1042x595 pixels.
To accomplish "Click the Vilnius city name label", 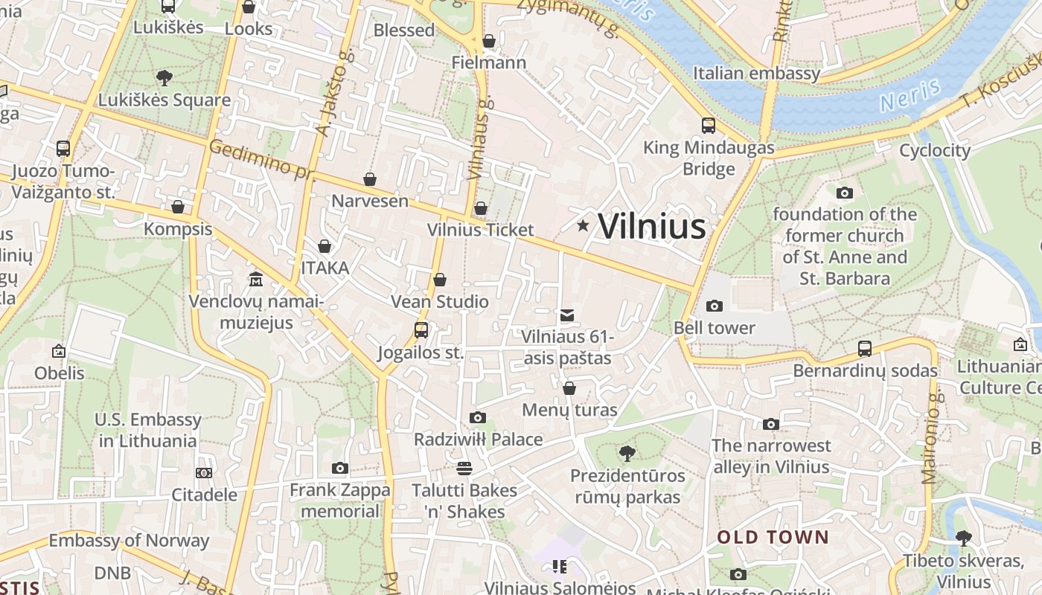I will (651, 226).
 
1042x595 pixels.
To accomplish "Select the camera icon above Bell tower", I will (714, 306).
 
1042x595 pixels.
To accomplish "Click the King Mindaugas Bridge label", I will (709, 158).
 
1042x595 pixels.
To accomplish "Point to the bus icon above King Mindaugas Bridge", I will (708, 125).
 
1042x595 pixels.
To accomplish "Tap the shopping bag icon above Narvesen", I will (370, 179).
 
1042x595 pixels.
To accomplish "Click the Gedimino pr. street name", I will (260, 159).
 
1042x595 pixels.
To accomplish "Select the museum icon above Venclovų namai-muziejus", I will (256, 279).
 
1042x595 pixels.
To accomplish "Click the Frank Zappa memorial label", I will (340, 501).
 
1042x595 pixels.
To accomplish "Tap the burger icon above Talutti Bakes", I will (464, 468).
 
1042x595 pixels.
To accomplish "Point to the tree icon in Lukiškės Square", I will (164, 77).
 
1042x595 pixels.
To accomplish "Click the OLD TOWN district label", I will (773, 537).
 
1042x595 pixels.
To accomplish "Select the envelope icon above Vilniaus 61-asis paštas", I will (567, 315).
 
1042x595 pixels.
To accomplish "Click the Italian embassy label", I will (756, 73).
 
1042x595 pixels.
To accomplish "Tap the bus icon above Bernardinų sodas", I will (864, 348).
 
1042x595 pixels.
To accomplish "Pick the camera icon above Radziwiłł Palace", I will (478, 417).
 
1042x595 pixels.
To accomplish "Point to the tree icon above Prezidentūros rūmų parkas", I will (627, 453).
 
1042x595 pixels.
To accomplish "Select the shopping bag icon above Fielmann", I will (489, 41).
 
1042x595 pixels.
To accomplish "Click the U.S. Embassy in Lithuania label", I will (147, 430).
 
